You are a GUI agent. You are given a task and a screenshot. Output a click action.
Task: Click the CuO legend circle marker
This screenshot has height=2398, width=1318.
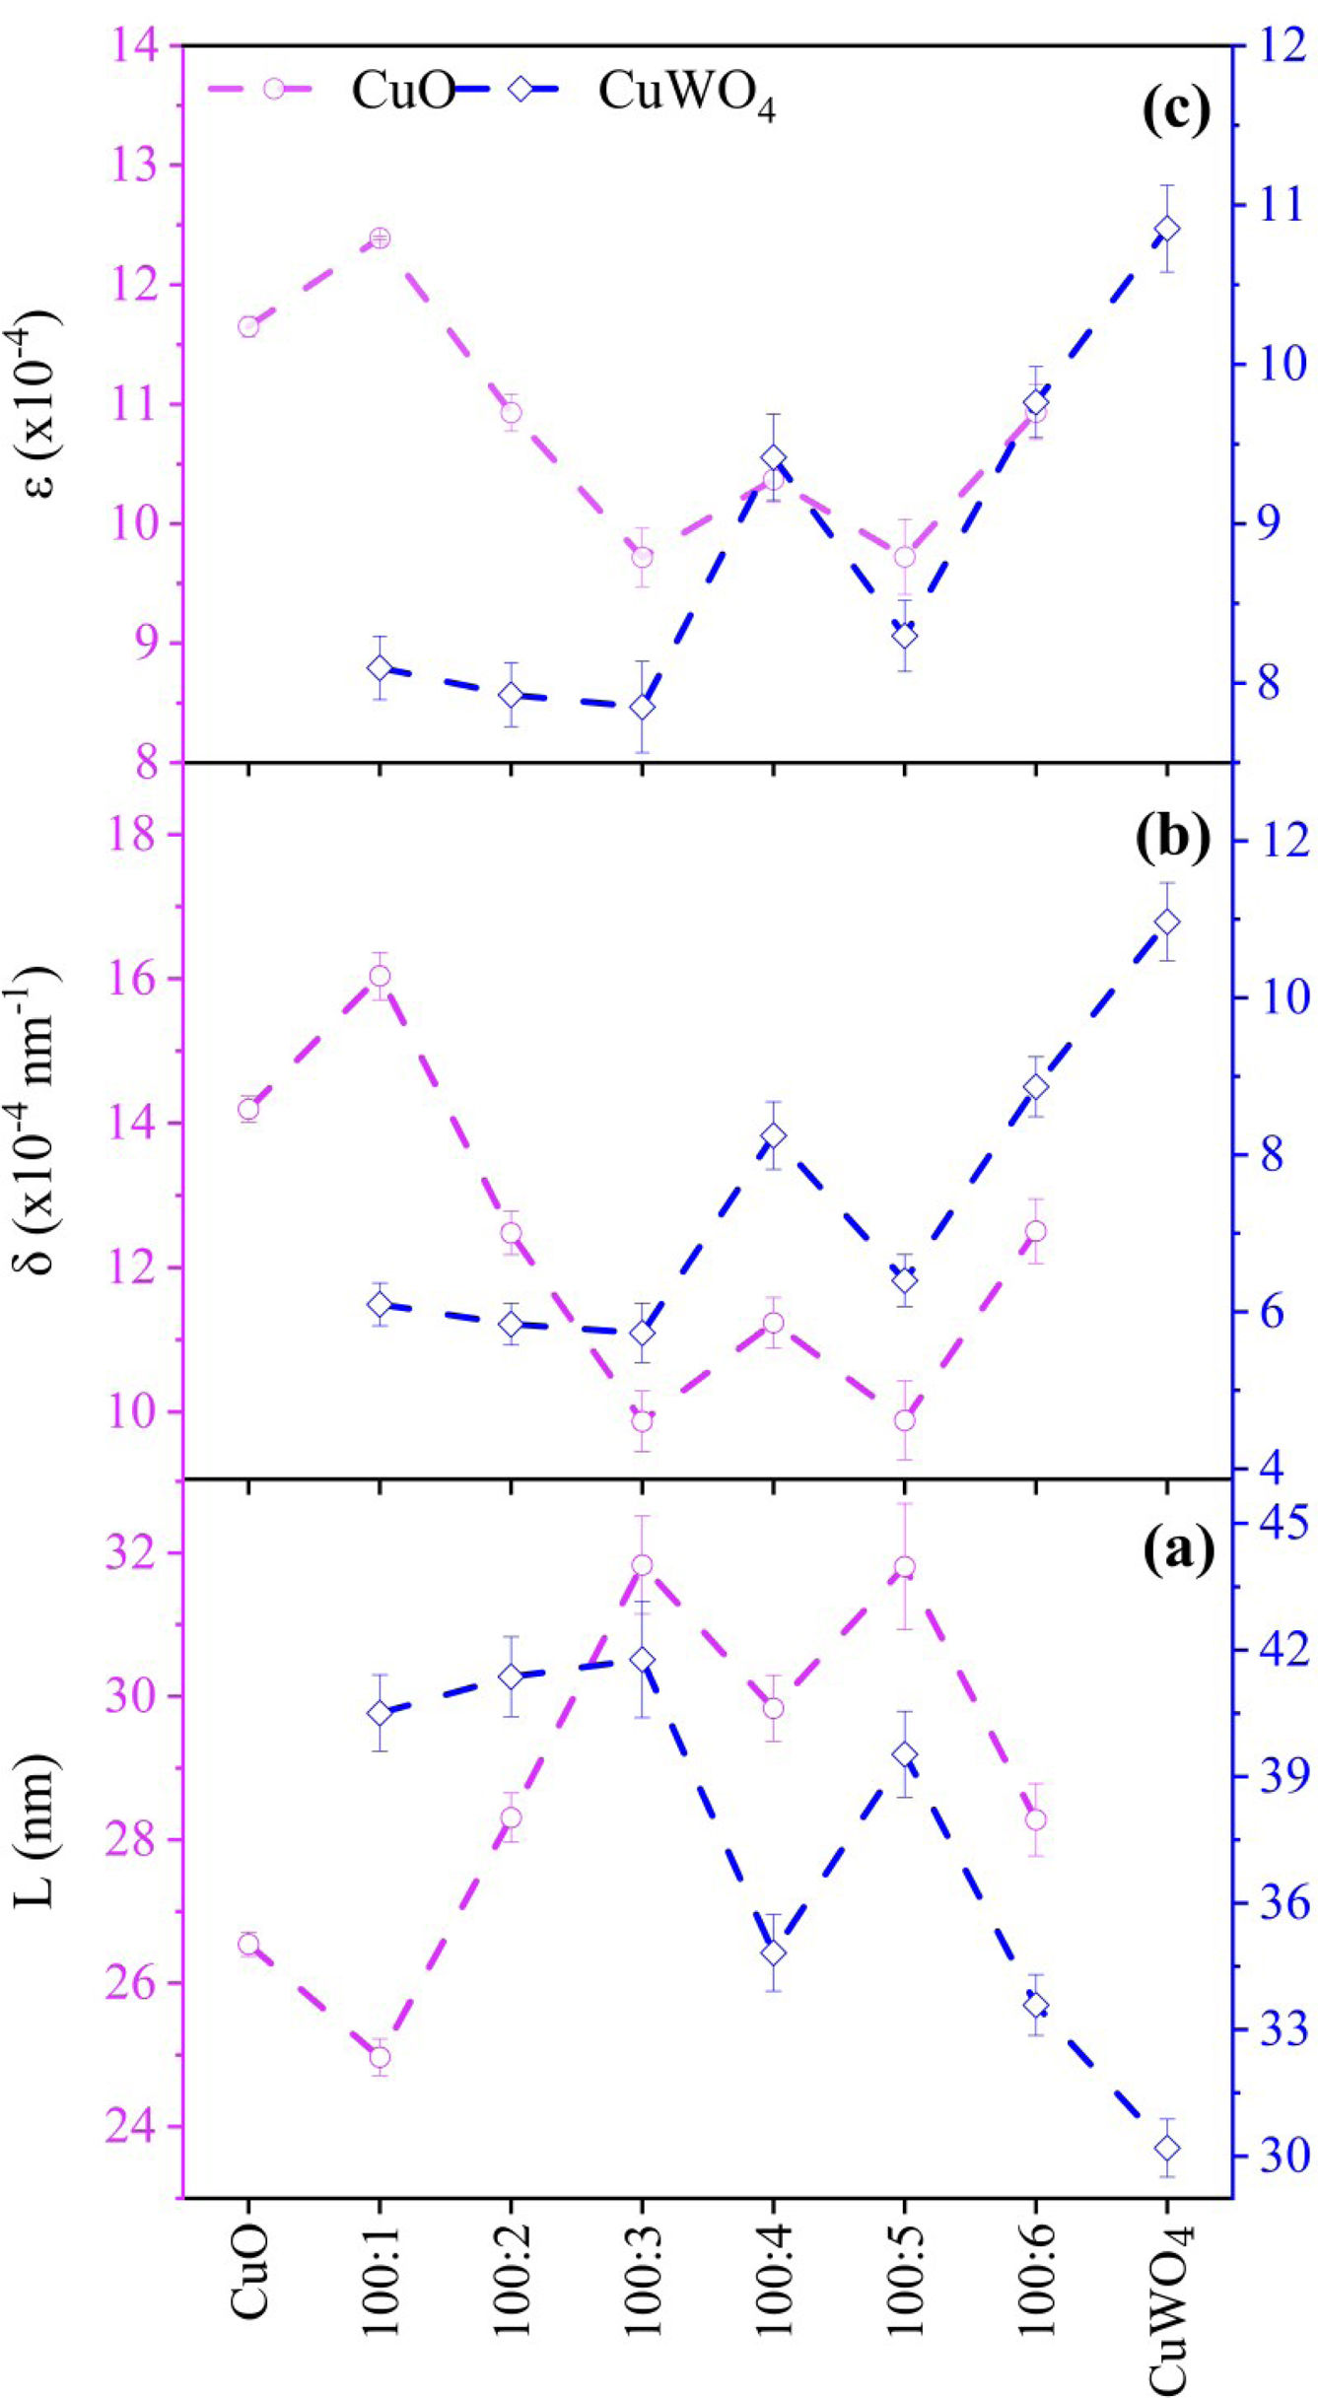(x=274, y=89)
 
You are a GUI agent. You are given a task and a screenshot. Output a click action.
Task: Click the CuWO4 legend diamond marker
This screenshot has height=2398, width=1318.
(x=520, y=89)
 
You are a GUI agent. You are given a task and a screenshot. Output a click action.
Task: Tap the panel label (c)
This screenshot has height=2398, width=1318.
(x=1175, y=111)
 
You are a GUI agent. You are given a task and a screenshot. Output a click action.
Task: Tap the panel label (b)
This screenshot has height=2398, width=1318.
(x=1173, y=838)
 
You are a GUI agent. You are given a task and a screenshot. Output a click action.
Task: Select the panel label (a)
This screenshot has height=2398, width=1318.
(x=1178, y=1550)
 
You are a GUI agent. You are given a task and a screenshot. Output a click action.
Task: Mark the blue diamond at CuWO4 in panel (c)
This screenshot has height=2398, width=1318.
(x=1167, y=229)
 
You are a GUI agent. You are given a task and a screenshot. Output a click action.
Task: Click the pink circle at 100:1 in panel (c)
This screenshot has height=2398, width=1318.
(x=380, y=239)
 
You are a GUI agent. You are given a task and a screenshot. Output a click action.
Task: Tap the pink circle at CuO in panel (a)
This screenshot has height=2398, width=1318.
(x=248, y=1945)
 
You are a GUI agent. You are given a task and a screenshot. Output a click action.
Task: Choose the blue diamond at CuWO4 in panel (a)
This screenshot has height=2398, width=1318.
(x=1167, y=2149)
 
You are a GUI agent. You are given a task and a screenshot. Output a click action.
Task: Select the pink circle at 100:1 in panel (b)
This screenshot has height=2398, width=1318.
(x=380, y=976)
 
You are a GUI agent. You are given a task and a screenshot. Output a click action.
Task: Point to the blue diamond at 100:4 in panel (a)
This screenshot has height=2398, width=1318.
(x=773, y=1953)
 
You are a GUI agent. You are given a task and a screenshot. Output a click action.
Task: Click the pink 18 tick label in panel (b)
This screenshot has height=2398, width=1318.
(x=132, y=835)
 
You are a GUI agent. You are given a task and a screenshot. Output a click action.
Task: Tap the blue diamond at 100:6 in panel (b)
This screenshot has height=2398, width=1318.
(x=1035, y=1086)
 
